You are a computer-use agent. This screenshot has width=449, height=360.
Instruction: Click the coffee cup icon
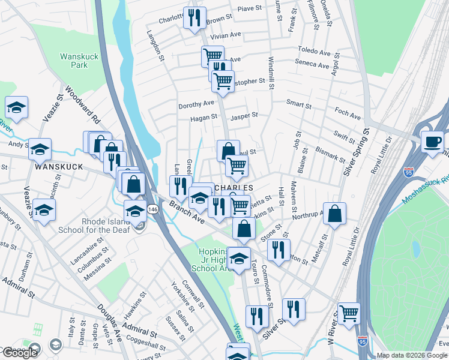[432, 142]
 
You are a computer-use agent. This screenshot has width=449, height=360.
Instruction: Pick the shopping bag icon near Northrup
[334, 214]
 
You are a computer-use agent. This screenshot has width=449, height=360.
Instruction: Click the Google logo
[20, 353]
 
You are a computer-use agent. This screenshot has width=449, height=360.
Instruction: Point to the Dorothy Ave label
[196, 105]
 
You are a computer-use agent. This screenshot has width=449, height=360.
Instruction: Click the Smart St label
[299, 104]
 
